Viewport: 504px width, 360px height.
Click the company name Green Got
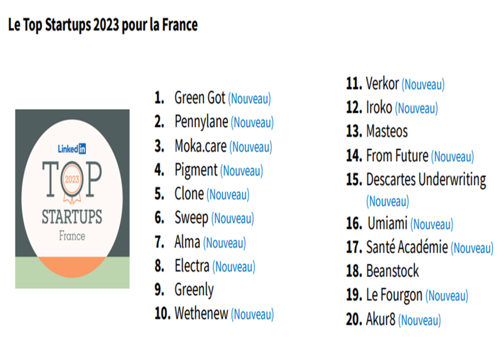(199, 98)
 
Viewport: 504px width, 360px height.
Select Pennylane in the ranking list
(201, 122)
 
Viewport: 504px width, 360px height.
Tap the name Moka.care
(201, 146)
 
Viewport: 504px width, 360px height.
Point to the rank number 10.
(162, 314)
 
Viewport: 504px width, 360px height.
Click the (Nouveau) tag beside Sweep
(232, 218)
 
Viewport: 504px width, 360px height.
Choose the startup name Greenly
(194, 290)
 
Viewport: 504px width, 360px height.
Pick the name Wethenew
(201, 314)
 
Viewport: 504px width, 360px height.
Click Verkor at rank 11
(382, 84)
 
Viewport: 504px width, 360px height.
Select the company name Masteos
(387, 131)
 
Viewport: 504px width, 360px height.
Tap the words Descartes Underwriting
(425, 180)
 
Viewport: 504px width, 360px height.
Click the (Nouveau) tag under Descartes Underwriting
(387, 202)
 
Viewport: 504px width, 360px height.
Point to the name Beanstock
(392, 271)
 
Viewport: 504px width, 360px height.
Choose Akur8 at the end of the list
(380, 320)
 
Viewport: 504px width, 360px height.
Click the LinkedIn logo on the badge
(72, 149)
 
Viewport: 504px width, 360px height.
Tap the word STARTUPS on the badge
(72, 217)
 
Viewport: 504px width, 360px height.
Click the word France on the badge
(72, 235)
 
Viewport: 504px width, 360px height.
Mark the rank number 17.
(354, 247)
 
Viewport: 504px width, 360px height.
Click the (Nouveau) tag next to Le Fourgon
(447, 296)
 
